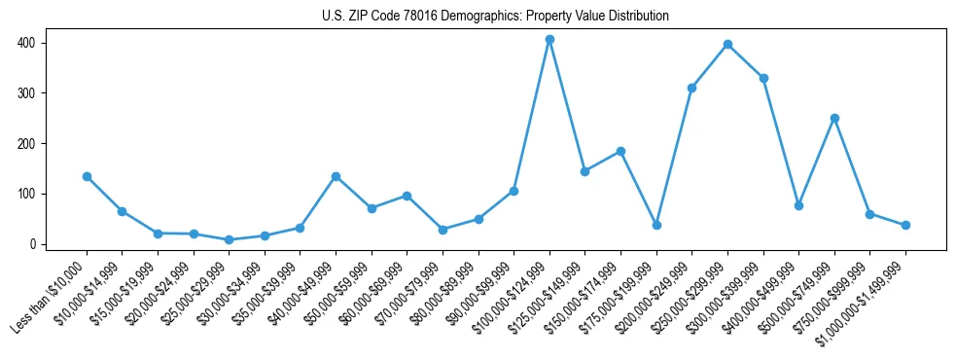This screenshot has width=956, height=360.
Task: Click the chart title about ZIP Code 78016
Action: (495, 17)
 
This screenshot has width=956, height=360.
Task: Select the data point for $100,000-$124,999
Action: (549, 39)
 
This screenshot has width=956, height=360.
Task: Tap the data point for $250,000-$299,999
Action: (727, 44)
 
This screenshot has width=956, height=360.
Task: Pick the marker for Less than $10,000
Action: (87, 176)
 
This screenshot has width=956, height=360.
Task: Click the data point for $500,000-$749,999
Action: (834, 118)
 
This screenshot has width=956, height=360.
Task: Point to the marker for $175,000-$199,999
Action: (656, 225)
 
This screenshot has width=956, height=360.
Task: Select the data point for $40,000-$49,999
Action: (336, 176)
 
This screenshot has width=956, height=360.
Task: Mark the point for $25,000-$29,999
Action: (229, 239)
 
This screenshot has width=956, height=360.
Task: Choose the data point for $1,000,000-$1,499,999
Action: (905, 225)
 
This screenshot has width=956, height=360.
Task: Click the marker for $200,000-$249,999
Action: (691, 88)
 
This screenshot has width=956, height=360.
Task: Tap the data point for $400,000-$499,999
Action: (798, 205)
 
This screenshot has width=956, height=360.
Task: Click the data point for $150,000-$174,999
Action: (620, 151)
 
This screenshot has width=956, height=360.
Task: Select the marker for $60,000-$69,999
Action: (407, 196)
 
